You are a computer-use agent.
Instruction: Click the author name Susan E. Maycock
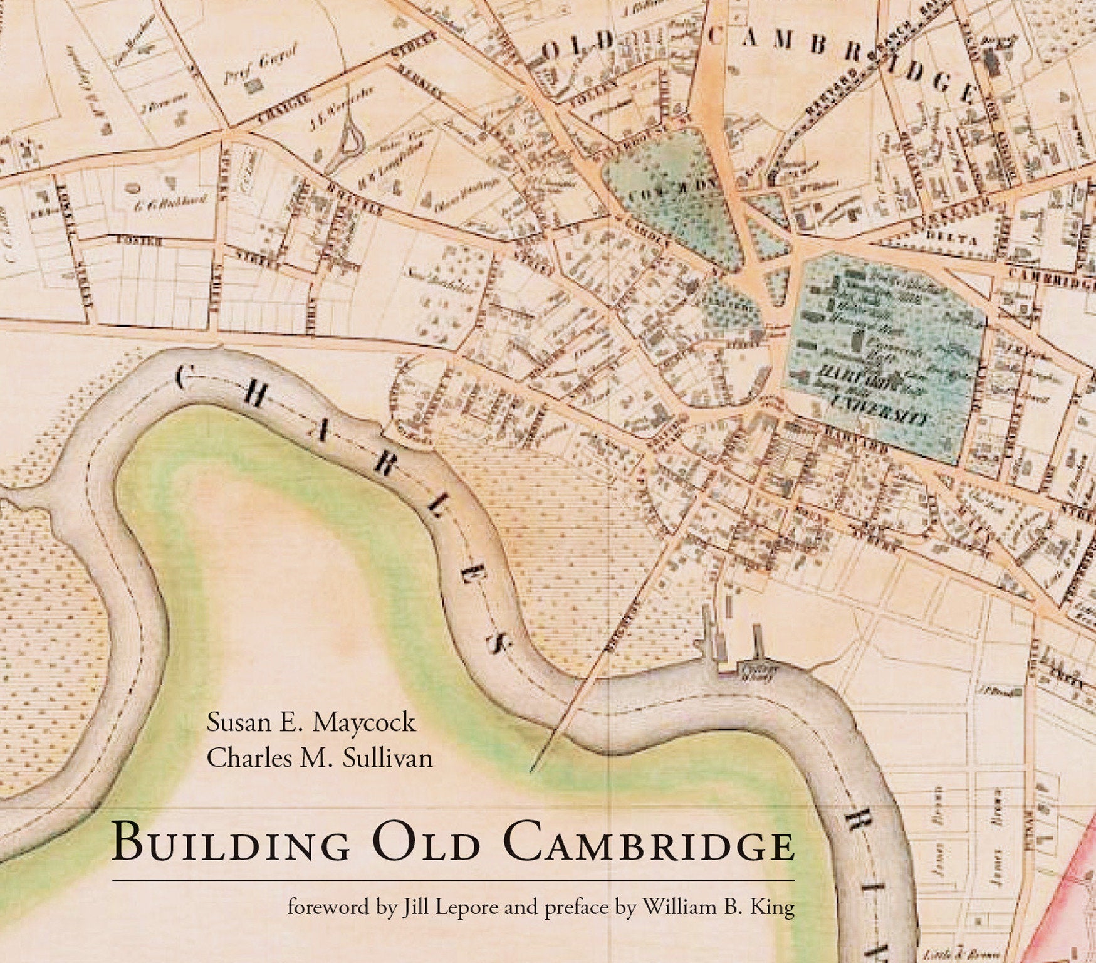(311, 722)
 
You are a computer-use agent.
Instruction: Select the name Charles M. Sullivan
(320, 758)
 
